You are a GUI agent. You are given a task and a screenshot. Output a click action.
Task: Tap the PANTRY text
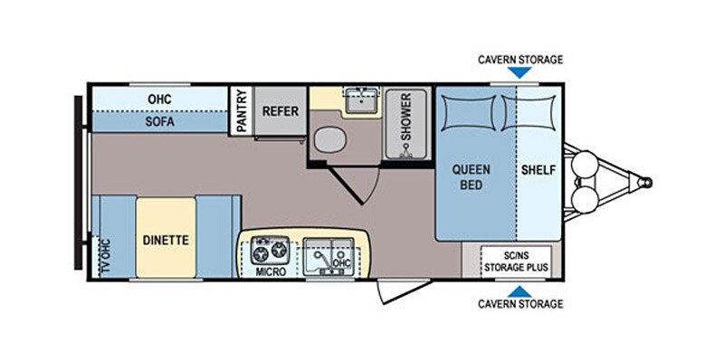(x=242, y=111)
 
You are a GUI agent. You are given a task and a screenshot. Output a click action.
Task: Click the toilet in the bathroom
(x=329, y=140)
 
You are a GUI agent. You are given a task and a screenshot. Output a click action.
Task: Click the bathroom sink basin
(x=364, y=100)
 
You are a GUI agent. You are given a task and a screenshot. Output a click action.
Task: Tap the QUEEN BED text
(x=472, y=177)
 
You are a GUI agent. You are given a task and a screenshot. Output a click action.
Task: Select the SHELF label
(x=538, y=170)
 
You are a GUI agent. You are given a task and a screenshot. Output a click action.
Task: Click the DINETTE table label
(x=166, y=241)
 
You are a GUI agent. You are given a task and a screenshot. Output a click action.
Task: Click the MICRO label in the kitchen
(x=271, y=271)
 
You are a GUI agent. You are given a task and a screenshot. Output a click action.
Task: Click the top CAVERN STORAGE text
(x=520, y=60)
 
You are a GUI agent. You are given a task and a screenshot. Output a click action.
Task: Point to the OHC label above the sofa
(x=159, y=98)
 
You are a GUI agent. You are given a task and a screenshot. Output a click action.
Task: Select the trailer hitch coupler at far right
(x=645, y=182)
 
